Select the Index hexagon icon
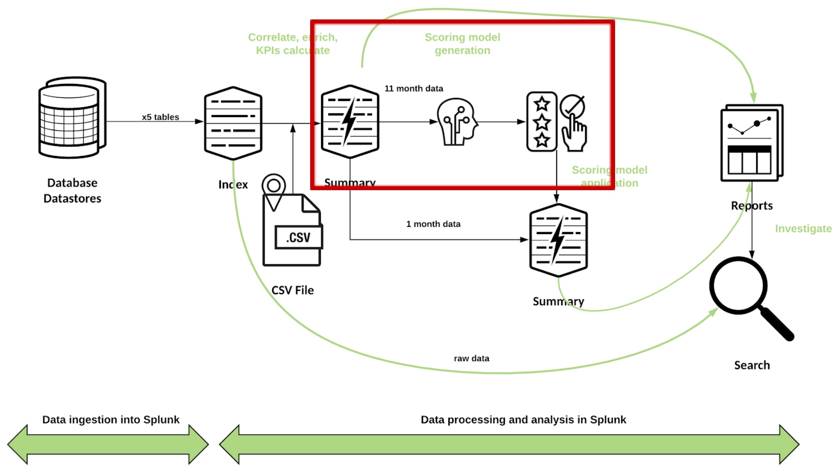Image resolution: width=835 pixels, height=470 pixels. point(233,123)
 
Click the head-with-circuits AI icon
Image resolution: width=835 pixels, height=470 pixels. point(456,122)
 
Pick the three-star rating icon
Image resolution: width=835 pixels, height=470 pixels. point(541,122)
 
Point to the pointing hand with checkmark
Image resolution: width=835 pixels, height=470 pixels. point(573,123)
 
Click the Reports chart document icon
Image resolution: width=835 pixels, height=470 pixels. point(751,143)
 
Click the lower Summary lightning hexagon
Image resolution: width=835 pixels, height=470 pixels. point(559,240)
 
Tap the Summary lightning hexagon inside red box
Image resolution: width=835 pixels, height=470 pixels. point(350,122)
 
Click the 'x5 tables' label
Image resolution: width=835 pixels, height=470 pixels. point(160,117)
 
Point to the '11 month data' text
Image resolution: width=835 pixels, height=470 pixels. point(414,89)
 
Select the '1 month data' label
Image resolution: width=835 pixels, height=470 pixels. point(433,224)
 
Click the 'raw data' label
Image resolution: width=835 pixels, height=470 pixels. point(471,359)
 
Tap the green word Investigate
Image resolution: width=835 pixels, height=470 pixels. point(803,229)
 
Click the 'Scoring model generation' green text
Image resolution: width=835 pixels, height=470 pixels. point(462,44)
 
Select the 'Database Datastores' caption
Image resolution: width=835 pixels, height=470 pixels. point(72,191)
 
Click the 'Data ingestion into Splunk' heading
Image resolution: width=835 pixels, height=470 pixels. point(111,420)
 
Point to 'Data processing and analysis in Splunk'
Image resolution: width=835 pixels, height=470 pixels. point(523,420)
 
